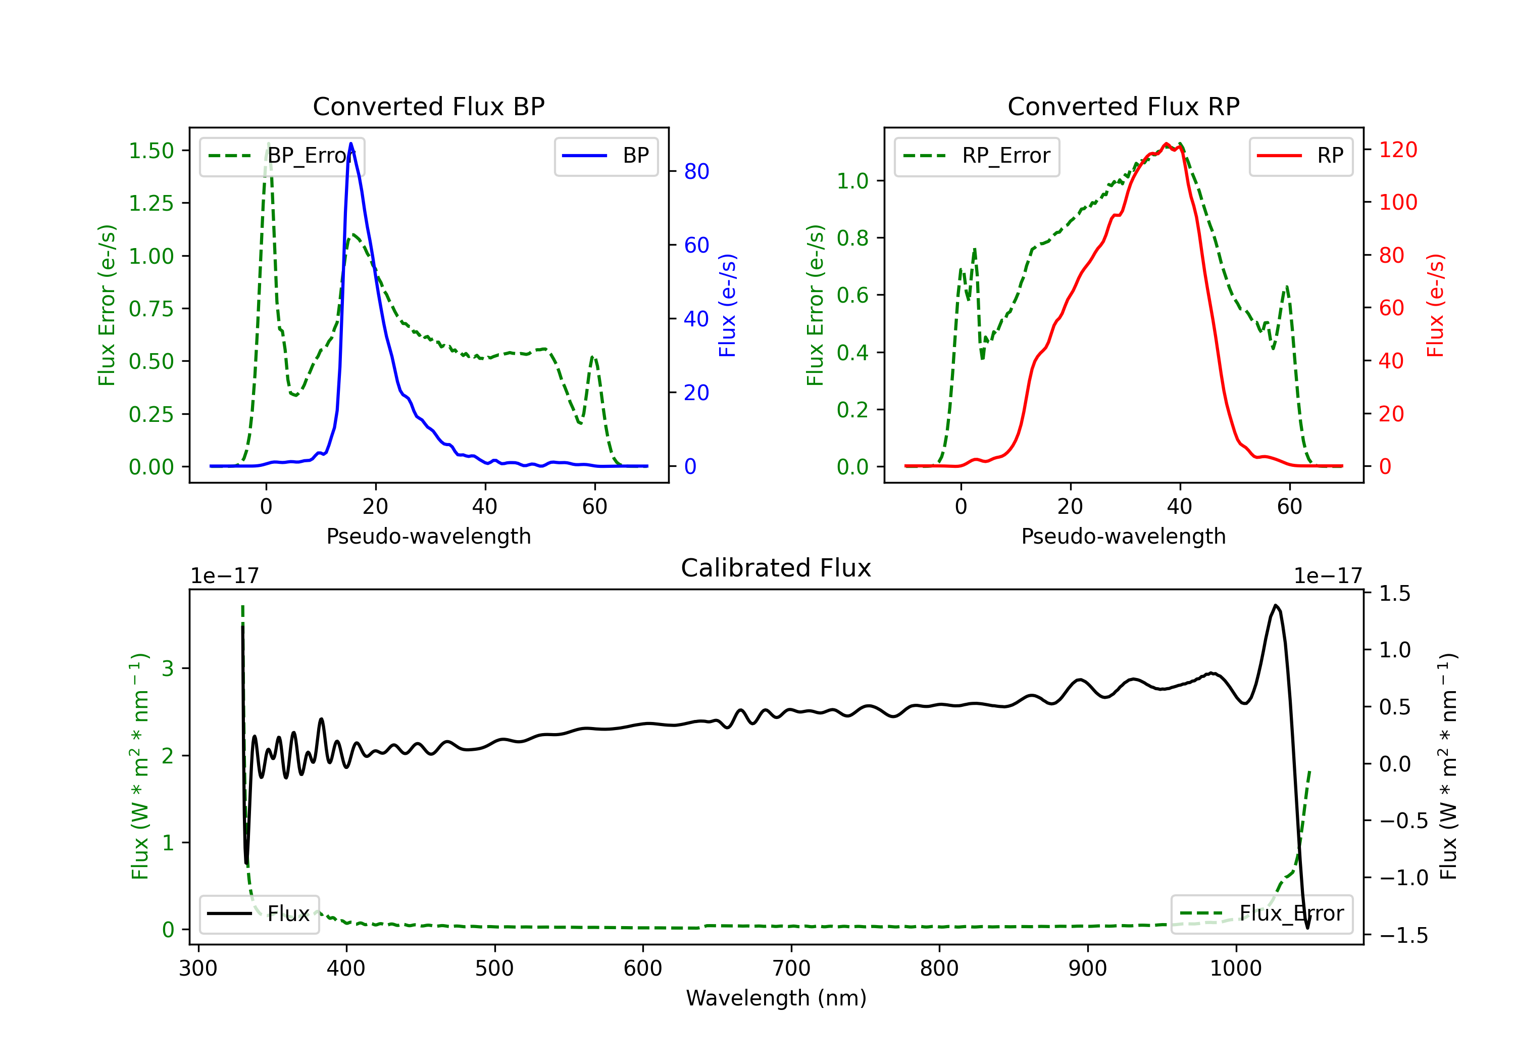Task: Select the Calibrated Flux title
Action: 776,568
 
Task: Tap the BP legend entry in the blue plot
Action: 605,156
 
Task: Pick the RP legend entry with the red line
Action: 1300,156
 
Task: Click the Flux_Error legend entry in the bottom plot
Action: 1261,914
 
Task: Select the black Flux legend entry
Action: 259,914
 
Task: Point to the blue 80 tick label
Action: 697,172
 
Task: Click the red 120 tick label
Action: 1398,150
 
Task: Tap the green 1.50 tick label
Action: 151,151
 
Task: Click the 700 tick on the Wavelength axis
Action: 791,969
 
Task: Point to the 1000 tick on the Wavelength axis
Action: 1236,969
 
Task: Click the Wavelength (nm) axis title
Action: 776,998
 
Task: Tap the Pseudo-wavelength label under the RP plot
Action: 1123,536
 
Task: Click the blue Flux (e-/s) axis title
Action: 727,305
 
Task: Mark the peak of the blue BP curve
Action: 350,143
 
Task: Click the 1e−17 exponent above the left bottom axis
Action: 225,576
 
